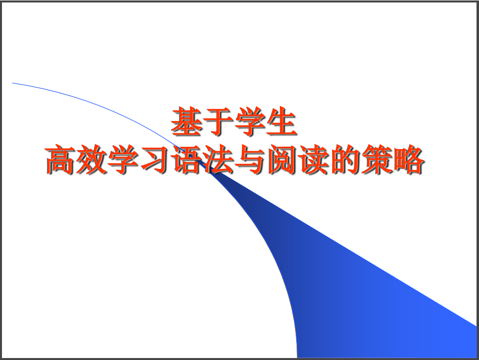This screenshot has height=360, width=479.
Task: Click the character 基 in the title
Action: [186, 121]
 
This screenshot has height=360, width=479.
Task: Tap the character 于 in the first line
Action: [218, 121]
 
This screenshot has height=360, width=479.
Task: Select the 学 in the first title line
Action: [250, 121]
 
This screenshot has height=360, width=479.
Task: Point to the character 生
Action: [281, 121]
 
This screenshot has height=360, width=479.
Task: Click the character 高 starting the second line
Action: [60, 160]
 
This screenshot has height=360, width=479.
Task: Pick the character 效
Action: [92, 160]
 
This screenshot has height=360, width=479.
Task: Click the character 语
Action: [187, 160]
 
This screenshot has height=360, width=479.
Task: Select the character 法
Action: [218, 160]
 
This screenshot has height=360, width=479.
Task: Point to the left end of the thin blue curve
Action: [12, 82]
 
